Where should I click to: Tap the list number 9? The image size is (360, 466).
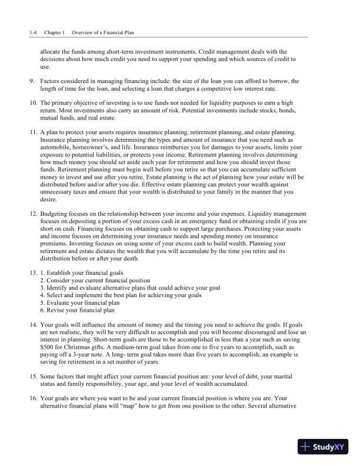(32, 80)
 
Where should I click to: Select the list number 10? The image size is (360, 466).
(33, 103)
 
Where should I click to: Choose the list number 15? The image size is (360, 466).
(33, 376)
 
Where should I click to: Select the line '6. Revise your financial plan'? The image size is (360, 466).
(77, 309)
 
